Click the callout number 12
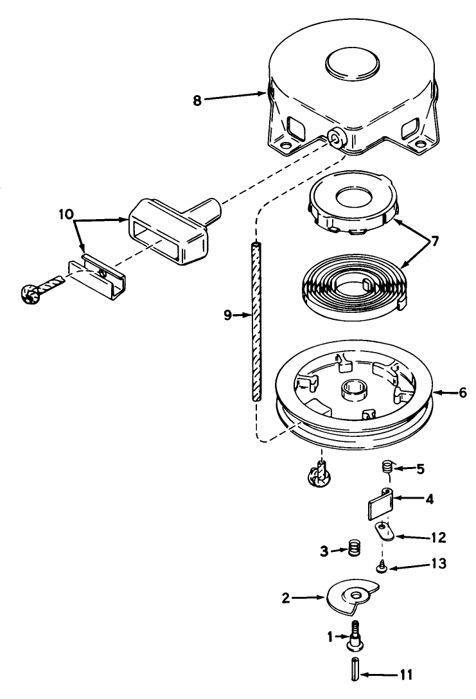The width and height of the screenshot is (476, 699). click(420, 536)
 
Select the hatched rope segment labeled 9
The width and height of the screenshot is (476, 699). click(256, 321)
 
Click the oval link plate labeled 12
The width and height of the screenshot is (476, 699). click(383, 530)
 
